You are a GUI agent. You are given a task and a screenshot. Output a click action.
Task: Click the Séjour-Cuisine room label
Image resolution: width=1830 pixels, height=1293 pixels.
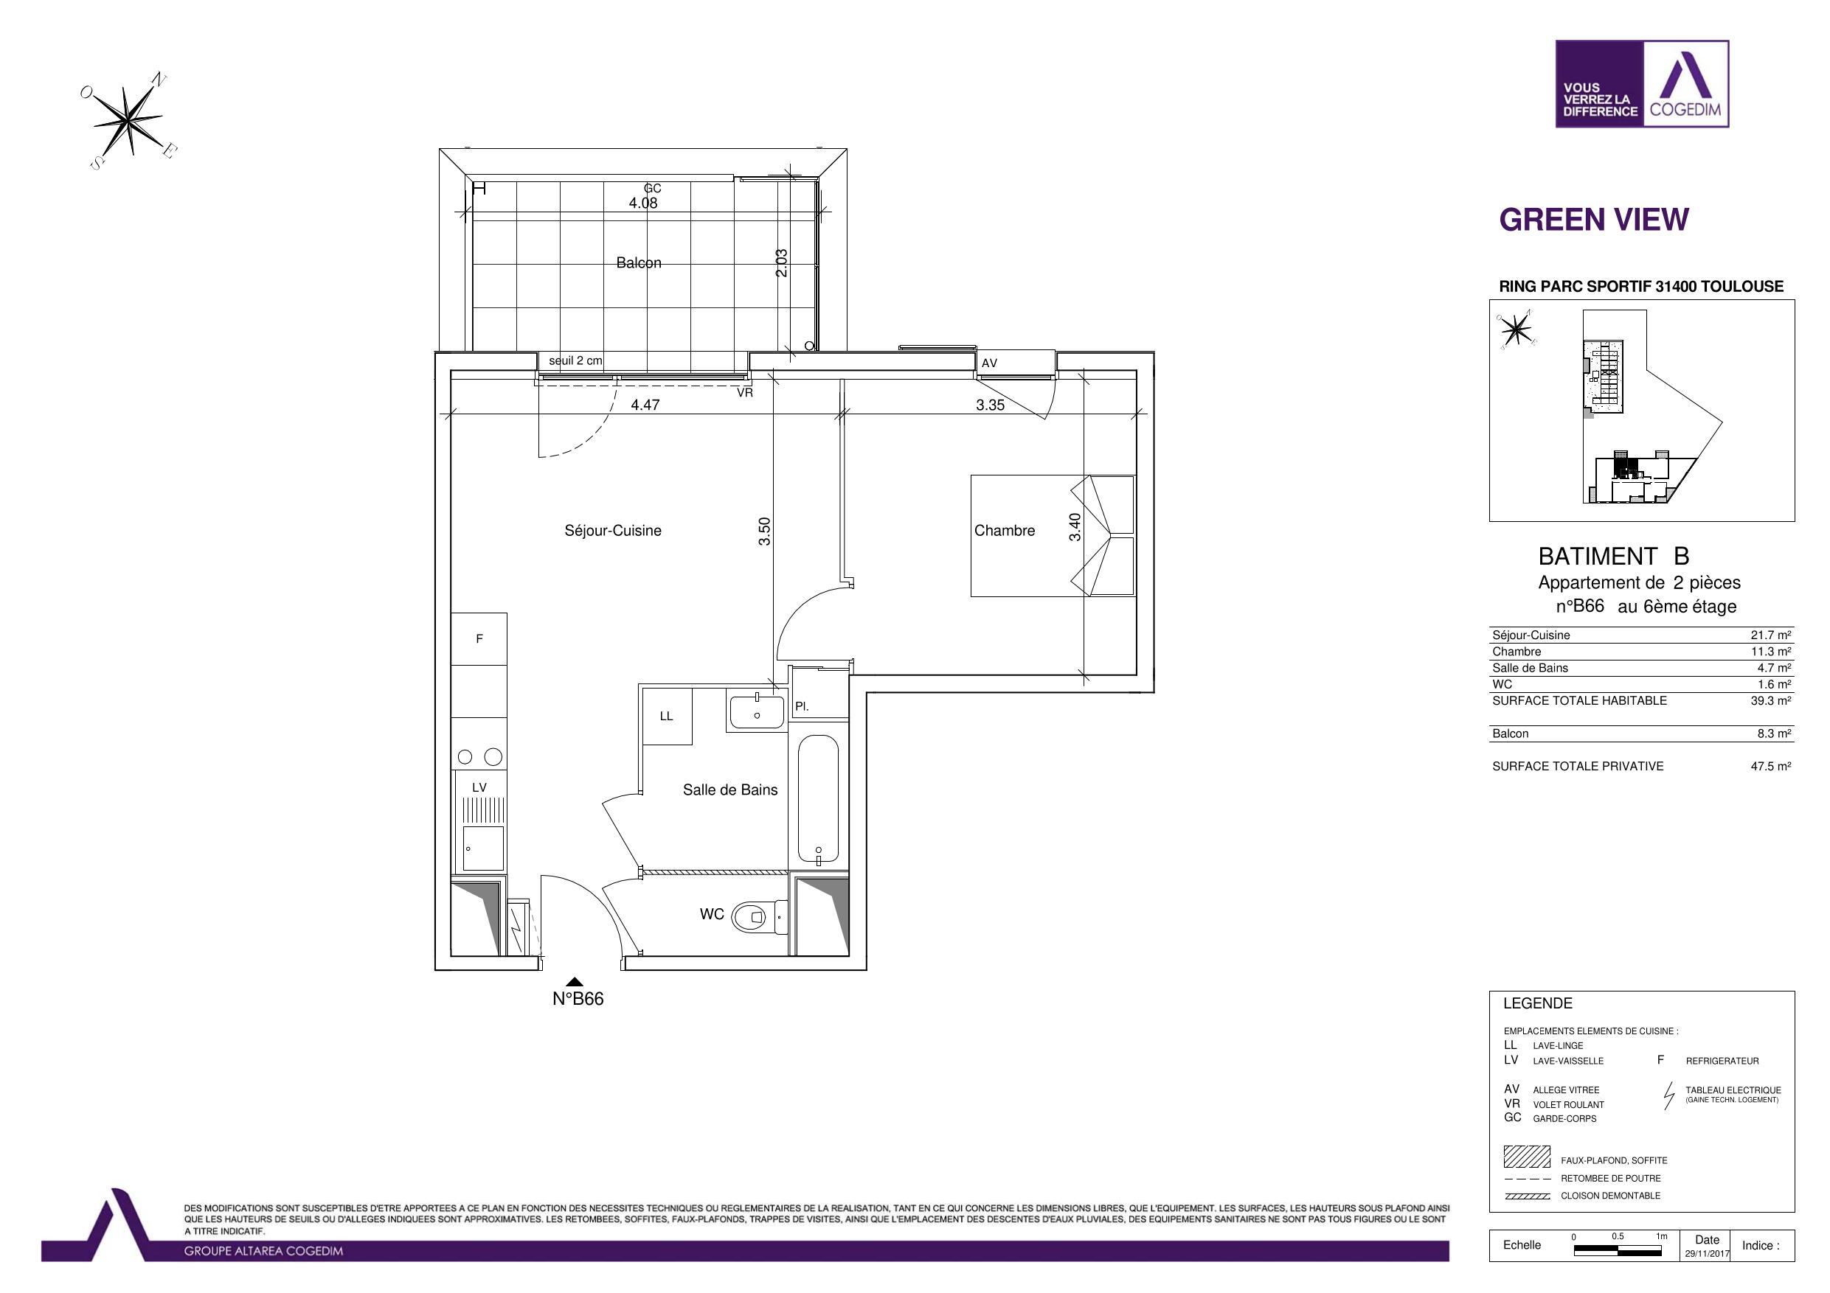613,531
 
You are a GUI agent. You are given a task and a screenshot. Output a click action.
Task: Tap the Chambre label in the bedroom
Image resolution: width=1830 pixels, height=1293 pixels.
1005,531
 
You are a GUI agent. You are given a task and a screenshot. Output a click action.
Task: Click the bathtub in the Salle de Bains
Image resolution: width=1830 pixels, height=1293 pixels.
819,801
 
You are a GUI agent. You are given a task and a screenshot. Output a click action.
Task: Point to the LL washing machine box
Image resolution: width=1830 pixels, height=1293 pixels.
666,717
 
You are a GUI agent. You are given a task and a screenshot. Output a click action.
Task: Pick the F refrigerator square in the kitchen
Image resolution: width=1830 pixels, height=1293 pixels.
479,639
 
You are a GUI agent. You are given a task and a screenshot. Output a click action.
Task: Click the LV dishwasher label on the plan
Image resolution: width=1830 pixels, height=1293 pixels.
479,787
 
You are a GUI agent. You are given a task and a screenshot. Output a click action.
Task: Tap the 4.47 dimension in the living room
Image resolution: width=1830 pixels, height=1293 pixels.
645,405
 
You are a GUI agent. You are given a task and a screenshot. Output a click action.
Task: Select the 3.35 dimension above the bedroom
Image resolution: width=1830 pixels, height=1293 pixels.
990,405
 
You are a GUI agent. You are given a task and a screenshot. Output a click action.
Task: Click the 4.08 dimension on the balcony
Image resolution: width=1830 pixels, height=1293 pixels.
643,203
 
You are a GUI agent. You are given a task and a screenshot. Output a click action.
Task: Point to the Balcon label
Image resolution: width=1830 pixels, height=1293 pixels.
639,263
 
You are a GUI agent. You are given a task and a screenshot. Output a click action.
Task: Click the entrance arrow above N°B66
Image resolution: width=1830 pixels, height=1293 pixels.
574,983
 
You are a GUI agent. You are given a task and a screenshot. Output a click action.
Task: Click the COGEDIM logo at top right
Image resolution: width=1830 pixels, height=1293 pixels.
1642,83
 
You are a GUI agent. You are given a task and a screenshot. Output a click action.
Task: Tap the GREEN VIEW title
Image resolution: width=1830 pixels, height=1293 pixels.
1594,220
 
